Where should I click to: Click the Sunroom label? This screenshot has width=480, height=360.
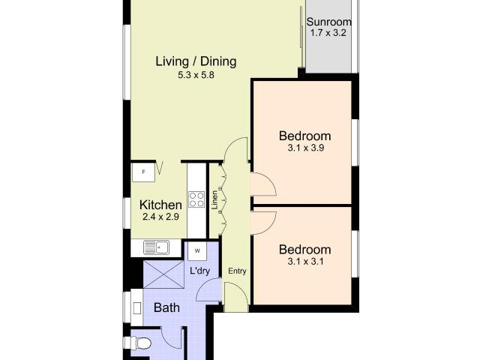328,22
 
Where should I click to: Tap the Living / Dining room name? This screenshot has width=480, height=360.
196,61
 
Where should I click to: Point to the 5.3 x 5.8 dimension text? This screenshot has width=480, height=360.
196,75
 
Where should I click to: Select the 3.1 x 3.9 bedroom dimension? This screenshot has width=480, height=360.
305,148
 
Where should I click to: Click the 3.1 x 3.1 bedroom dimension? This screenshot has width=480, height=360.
305,262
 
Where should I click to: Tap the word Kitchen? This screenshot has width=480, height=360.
160,205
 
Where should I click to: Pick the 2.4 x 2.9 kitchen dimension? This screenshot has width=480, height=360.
160,217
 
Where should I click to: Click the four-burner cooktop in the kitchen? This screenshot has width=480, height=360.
196,199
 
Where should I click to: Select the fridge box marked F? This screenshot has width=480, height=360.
143,172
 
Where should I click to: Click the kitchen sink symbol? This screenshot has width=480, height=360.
157,247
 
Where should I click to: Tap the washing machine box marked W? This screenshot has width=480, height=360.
197,251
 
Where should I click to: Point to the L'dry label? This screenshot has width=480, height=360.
200,271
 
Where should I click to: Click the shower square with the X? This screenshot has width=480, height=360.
163,274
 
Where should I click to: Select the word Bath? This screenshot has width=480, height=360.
166,307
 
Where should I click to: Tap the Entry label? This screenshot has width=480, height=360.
237,271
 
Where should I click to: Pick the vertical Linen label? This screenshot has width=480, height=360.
215,200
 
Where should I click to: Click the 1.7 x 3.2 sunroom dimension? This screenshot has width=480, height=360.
328,33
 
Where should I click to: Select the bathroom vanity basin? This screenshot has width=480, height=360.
137,308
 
